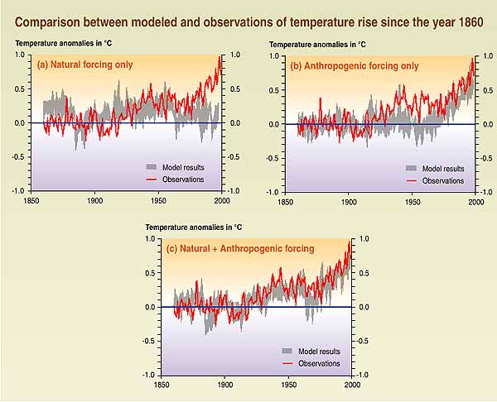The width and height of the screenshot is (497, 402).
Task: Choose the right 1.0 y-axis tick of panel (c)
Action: [x=362, y=239]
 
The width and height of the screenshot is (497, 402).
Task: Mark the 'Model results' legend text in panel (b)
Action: [x=443, y=168]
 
